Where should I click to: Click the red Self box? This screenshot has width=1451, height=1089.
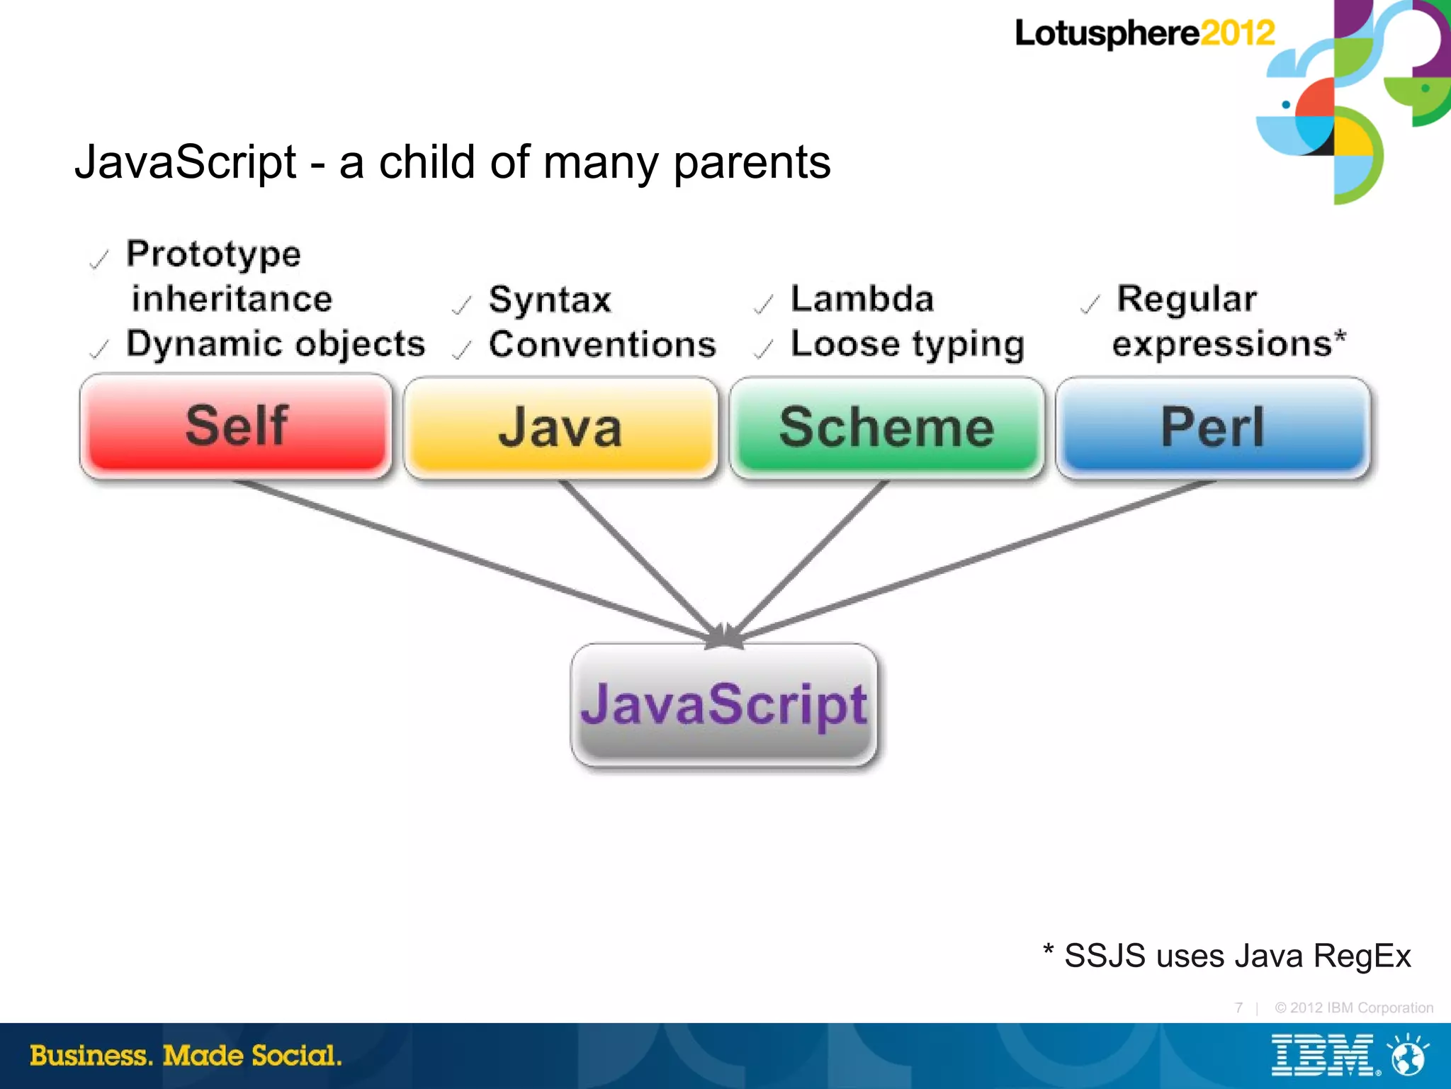pyautogui.click(x=236, y=426)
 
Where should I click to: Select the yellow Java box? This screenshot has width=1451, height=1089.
pyautogui.click(x=560, y=427)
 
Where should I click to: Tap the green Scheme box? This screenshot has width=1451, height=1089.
pyautogui.click(x=886, y=427)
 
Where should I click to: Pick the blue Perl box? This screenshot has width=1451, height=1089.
pyautogui.click(x=1212, y=427)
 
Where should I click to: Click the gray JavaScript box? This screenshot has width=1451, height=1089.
pyautogui.click(x=723, y=704)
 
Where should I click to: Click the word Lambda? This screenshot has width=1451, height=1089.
pyautogui.click(x=862, y=298)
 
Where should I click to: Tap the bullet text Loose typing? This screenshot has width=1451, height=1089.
pyautogui.click(x=908, y=344)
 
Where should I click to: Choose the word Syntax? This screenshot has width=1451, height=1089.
pyautogui.click(x=550, y=300)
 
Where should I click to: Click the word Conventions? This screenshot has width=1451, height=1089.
pyautogui.click(x=602, y=344)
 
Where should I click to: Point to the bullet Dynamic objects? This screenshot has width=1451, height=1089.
pyautogui.click(x=276, y=344)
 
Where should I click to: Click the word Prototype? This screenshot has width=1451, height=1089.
pyautogui.click(x=213, y=254)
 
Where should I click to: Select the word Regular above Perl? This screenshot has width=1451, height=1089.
pyautogui.click(x=1187, y=298)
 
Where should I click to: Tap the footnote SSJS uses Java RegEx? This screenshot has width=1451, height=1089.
pyautogui.click(x=1236, y=955)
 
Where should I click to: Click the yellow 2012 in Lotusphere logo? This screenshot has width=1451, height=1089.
pyautogui.click(x=1237, y=33)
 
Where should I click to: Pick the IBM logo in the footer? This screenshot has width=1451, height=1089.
pyautogui.click(x=1322, y=1055)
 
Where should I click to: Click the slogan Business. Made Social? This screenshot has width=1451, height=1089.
pyautogui.click(x=186, y=1055)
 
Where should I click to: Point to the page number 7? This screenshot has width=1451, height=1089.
pyautogui.click(x=1238, y=1008)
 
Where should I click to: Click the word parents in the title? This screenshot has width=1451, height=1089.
pyautogui.click(x=751, y=163)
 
